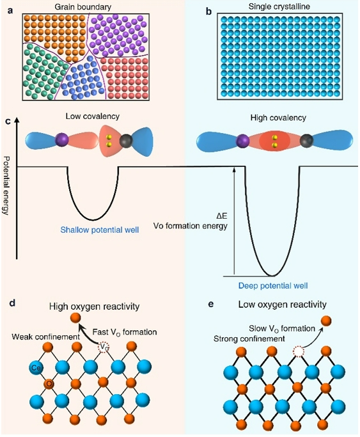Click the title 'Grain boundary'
82,6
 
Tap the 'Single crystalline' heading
279,6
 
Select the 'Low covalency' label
93,116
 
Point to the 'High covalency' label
278,118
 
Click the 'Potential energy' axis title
6,185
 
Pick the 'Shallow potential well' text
100,230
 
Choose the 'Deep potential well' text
273,285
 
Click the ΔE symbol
222,216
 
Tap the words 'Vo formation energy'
191,225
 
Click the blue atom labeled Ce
36,368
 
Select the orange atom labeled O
49,384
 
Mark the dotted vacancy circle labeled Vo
103,347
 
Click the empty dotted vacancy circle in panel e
298,353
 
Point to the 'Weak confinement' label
46,337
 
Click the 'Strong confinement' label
249,339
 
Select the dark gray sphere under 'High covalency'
306,141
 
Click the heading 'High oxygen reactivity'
95,307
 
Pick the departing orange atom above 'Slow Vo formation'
326,321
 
